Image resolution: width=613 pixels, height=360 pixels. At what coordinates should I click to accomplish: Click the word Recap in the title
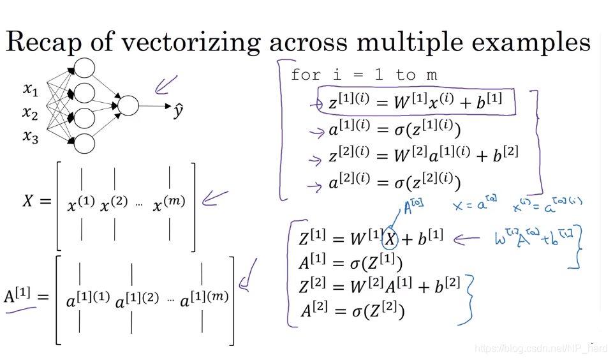click(x=46, y=42)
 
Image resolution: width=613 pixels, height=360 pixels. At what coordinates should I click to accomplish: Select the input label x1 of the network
click(x=31, y=89)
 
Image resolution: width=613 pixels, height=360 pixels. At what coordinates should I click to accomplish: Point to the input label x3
click(x=31, y=136)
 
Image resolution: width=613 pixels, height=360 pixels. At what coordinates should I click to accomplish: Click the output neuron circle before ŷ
click(x=128, y=106)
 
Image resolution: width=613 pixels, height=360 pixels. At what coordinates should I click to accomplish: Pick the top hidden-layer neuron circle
click(x=84, y=68)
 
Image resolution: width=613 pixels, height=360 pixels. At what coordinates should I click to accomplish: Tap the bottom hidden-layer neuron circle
click(x=84, y=144)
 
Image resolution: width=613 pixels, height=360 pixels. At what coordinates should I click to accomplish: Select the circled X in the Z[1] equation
click(x=389, y=239)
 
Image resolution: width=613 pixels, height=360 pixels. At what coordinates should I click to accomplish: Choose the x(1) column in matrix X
click(x=81, y=204)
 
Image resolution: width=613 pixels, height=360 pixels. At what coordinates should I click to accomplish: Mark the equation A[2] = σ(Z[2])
click(x=353, y=311)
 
